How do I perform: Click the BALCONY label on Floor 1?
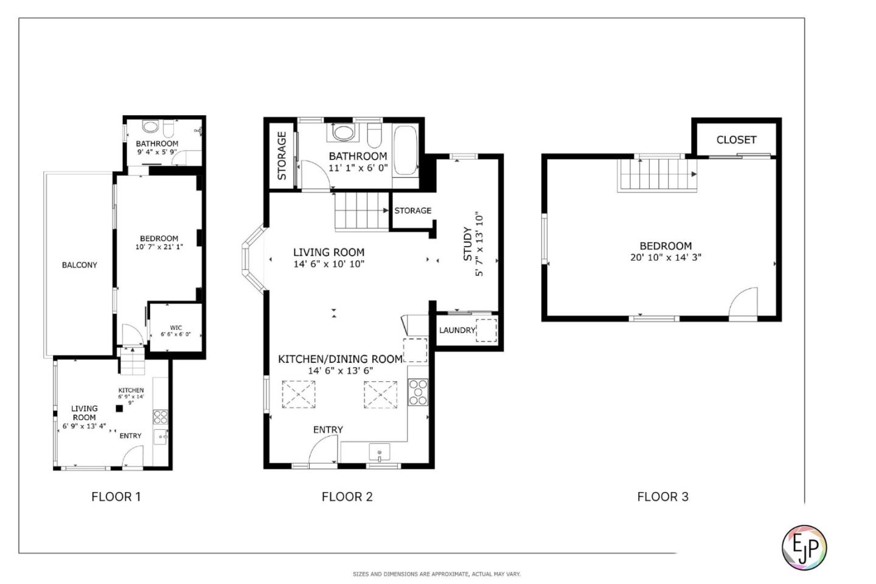pyautogui.click(x=79, y=265)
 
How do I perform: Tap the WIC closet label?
pyautogui.click(x=176, y=328)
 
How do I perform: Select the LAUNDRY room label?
pyautogui.click(x=457, y=330)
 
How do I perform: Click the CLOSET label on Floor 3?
pyautogui.click(x=736, y=140)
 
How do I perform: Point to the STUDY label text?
pyautogui.click(x=468, y=244)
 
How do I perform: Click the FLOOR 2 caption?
pyautogui.click(x=347, y=496)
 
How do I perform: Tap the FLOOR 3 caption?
pyautogui.click(x=662, y=496)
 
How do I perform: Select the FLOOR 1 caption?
pyautogui.click(x=116, y=496)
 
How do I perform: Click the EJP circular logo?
pyautogui.click(x=804, y=547)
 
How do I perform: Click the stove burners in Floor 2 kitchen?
pyautogui.click(x=418, y=392)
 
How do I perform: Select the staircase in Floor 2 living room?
pyautogui.click(x=361, y=211)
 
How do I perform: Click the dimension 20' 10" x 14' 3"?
pyautogui.click(x=666, y=258)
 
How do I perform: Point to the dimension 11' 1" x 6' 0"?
pyautogui.click(x=358, y=168)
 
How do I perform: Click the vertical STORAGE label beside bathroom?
pyautogui.click(x=282, y=155)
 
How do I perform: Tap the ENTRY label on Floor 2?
pyautogui.click(x=328, y=430)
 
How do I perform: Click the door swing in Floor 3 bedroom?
pyautogui.click(x=744, y=304)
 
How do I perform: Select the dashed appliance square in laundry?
pyautogui.click(x=486, y=329)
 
